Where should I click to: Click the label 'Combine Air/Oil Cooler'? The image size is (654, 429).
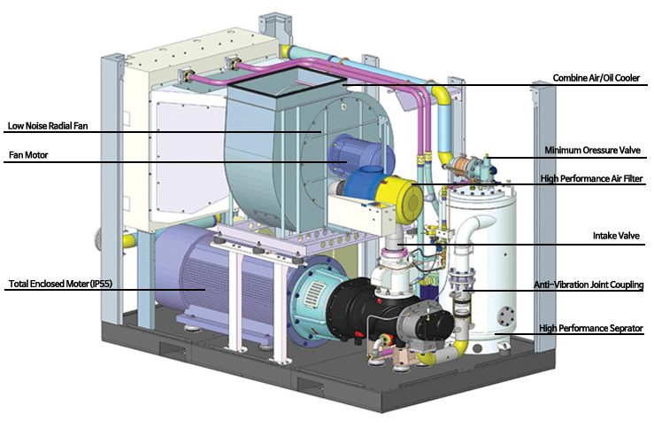pyautogui.click(x=596, y=78)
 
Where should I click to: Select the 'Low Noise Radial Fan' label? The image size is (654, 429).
pyautogui.click(x=48, y=126)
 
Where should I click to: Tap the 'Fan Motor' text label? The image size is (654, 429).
pyautogui.click(x=28, y=155)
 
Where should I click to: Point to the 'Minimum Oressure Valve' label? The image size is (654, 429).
pyautogui.click(x=592, y=151)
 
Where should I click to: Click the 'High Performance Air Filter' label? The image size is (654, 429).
pyautogui.click(x=591, y=179)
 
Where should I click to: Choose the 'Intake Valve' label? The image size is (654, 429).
pyautogui.click(x=616, y=236)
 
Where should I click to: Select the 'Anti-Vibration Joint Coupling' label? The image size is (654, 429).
pyautogui.click(x=589, y=285)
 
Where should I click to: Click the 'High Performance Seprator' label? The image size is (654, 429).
pyautogui.click(x=590, y=328)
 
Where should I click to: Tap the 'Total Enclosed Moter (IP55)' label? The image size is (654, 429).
pyautogui.click(x=60, y=284)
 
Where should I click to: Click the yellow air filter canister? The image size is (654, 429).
pyautogui.click(x=400, y=199)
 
